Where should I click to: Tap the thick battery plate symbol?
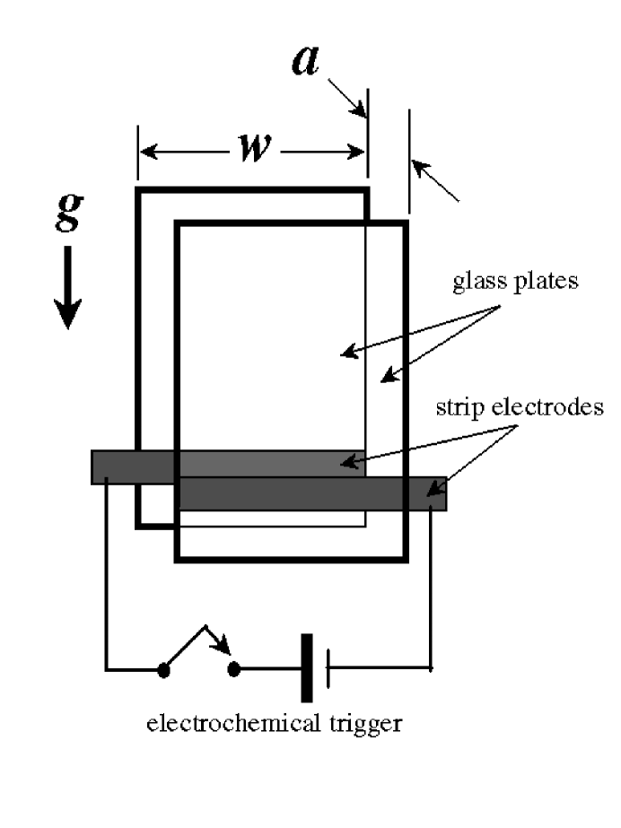coord(306,668)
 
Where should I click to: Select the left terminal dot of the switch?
coord(163,669)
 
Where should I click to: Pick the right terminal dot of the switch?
coord(235,669)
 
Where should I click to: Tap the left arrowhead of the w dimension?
coord(145,152)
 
